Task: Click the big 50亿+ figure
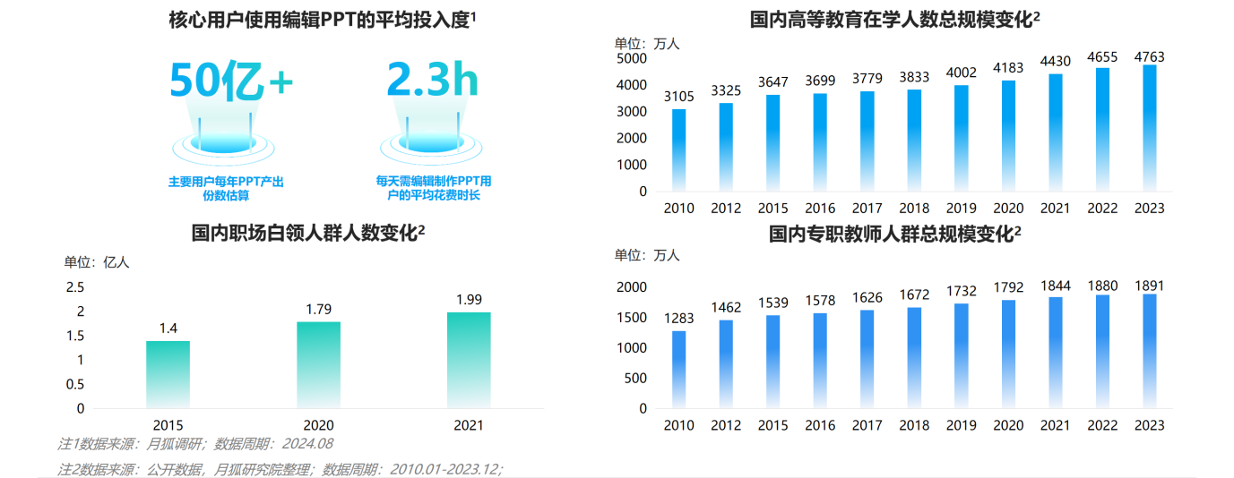pyautogui.click(x=230, y=81)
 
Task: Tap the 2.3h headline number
pyautogui.click(x=433, y=80)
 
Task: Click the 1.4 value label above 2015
pyautogui.click(x=168, y=329)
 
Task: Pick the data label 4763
pyautogui.click(x=1149, y=56)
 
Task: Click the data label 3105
pyautogui.click(x=679, y=97)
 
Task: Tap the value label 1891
pyautogui.click(x=1149, y=286)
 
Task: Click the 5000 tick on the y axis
pyautogui.click(x=631, y=58)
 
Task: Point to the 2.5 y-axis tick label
pyautogui.click(x=75, y=287)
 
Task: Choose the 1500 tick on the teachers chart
pyautogui.click(x=631, y=318)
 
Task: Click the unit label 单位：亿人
pyautogui.click(x=96, y=262)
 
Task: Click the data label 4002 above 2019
pyautogui.click(x=962, y=73)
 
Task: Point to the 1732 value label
pyautogui.click(x=962, y=291)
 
